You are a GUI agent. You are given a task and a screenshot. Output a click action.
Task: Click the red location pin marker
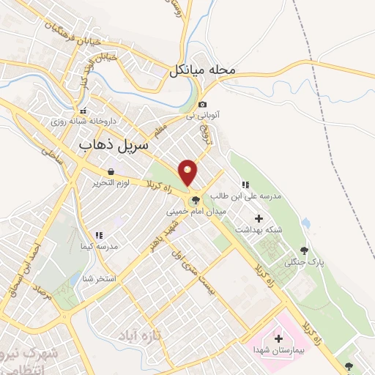188,172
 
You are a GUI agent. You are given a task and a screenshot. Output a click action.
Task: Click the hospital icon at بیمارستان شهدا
278,338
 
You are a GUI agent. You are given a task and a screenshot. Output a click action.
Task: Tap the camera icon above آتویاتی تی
202,105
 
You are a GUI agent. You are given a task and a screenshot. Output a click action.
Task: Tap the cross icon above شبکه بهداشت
258,218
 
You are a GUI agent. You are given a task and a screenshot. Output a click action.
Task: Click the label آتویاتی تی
203,116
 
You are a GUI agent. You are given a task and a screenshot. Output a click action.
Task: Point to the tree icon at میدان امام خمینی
196,200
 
